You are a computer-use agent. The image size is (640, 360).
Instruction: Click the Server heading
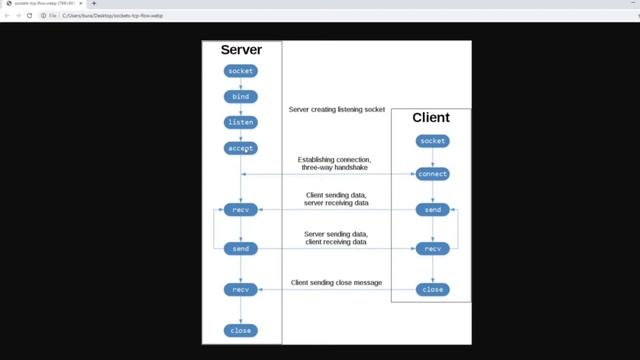pyautogui.click(x=240, y=49)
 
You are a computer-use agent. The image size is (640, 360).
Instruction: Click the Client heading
pyautogui.click(x=431, y=118)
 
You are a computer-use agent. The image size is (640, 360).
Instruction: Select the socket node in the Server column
pyautogui.click(x=240, y=71)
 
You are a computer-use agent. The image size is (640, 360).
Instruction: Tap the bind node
pyautogui.click(x=240, y=97)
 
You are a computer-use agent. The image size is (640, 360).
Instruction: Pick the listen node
pyautogui.click(x=240, y=122)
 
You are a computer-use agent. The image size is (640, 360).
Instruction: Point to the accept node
pyautogui.click(x=240, y=148)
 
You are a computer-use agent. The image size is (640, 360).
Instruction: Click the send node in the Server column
pyautogui.click(x=240, y=248)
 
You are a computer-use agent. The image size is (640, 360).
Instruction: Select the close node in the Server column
pyautogui.click(x=240, y=330)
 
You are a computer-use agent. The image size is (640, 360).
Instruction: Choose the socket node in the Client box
pyautogui.click(x=432, y=141)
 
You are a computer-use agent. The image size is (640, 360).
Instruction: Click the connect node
pyautogui.click(x=432, y=174)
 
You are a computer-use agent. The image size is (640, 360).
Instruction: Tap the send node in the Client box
pyautogui.click(x=432, y=210)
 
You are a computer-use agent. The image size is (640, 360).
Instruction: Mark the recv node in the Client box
pyautogui.click(x=432, y=248)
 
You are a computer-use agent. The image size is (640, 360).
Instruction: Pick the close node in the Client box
pyautogui.click(x=432, y=289)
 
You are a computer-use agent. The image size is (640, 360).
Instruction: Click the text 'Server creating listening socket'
pyautogui.click(x=337, y=109)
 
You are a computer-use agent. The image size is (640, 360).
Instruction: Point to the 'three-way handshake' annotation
pyautogui.click(x=335, y=169)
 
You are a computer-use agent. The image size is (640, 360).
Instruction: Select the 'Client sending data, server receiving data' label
pyautogui.click(x=335, y=199)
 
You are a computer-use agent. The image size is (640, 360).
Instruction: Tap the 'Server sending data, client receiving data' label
pyautogui.click(x=335, y=238)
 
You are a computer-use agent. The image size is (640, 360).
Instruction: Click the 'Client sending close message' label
pyautogui.click(x=337, y=283)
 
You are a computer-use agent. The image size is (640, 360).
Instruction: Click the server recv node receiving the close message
pyautogui.click(x=240, y=289)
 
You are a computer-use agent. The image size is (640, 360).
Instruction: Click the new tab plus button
pyautogui.click(x=94, y=4)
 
